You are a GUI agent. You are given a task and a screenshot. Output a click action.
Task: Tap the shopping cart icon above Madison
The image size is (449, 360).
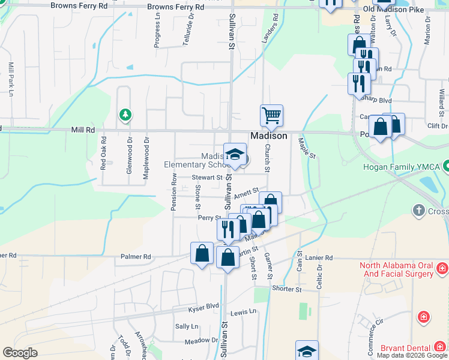point(271,115)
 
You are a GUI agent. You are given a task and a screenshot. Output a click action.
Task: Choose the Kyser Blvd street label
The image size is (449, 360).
point(204,305)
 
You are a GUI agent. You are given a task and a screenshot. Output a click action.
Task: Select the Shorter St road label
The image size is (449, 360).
point(286,289)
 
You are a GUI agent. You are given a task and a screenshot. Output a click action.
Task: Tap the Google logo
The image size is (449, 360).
point(20,353)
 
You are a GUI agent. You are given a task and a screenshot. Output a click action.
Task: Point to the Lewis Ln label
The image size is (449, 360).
point(243,312)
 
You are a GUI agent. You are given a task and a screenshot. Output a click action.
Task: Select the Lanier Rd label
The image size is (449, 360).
point(318,257)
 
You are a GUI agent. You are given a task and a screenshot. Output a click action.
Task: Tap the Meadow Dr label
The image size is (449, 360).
point(202,341)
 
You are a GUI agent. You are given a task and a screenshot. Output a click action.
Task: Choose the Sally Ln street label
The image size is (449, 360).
point(186,326)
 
